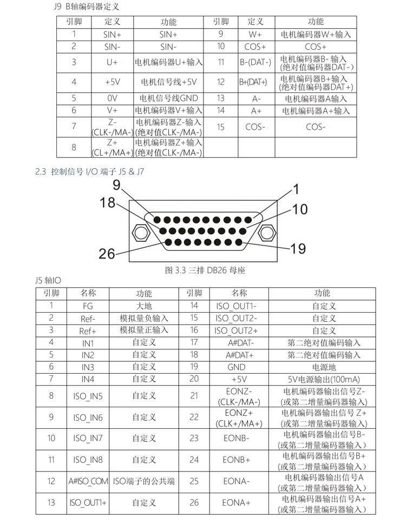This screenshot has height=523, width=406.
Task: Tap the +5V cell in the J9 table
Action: [112, 82]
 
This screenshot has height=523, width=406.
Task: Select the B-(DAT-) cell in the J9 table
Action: [255, 62]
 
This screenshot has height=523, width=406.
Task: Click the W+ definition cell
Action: [255, 34]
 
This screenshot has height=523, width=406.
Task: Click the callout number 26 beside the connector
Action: [109, 253]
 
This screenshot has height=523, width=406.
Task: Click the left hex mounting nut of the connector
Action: [140, 234]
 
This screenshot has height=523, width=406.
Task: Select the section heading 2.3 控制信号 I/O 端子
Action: [89, 172]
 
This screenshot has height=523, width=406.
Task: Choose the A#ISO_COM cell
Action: [88, 481]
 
